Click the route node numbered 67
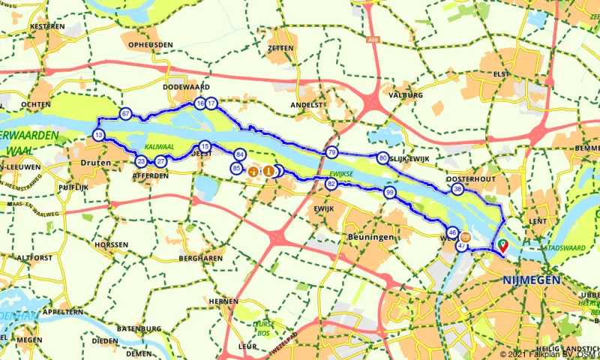(125, 114)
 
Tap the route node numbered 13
(99, 135)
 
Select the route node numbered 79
(331, 153)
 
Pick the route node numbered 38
(457, 190)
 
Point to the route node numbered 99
(390, 193)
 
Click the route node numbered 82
(331, 184)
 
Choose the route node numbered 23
(141, 161)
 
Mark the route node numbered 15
(205, 146)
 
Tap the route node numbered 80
(383, 158)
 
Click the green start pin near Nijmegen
(502, 244)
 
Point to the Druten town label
(99, 162)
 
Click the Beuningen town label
(366, 237)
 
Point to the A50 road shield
(373, 39)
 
